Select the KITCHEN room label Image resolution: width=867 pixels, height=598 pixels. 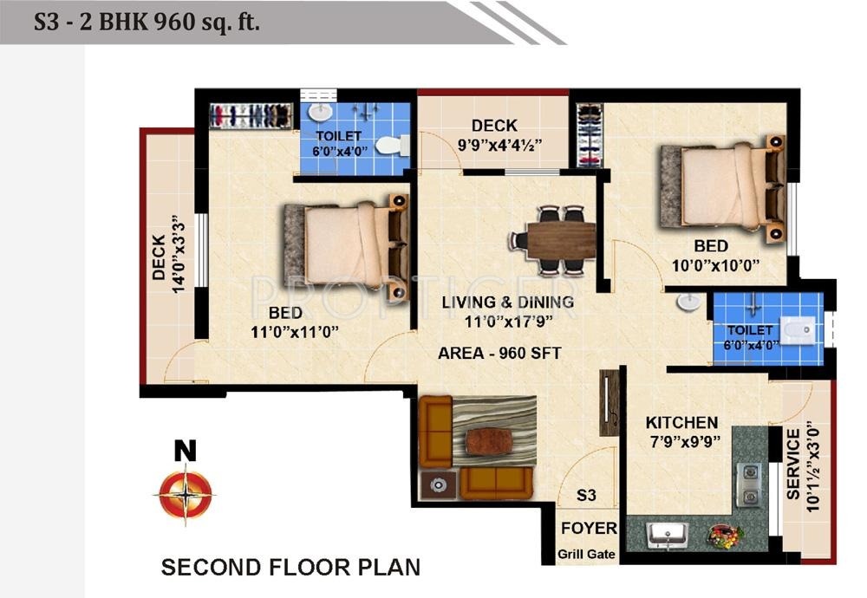point(681,423)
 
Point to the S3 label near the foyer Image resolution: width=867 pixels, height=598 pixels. point(587,495)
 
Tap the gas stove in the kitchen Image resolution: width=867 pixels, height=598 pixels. point(748,485)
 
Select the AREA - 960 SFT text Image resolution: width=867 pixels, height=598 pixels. point(499,353)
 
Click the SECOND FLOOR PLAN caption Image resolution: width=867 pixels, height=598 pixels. point(290,568)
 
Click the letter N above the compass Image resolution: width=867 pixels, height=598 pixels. point(185,450)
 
